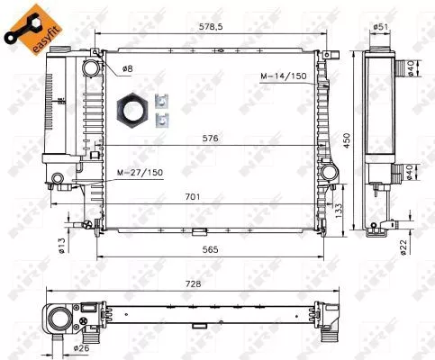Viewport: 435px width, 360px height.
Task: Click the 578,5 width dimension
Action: (212, 28)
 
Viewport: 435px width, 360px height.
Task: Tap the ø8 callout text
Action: (127, 68)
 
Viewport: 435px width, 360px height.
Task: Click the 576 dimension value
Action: (212, 138)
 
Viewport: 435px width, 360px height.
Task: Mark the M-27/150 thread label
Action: (140, 171)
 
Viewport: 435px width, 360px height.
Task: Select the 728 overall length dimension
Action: (191, 283)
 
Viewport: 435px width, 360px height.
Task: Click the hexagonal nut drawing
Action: (134, 109)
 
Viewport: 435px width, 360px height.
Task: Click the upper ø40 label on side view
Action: (409, 68)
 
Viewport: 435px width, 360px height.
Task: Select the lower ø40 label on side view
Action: (409, 171)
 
